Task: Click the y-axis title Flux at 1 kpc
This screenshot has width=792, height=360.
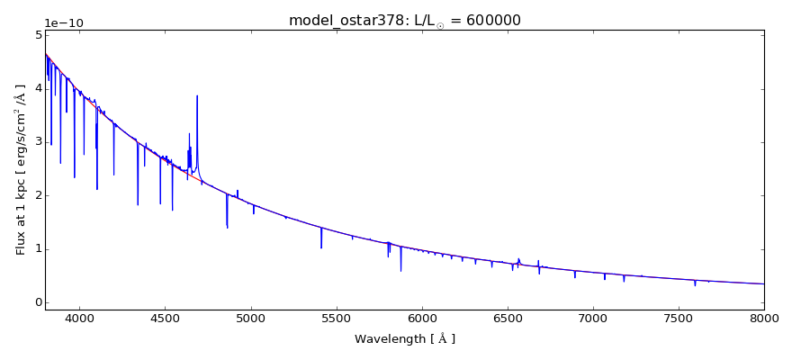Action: pyautogui.click(x=21, y=169)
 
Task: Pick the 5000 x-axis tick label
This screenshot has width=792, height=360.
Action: pyautogui.click(x=250, y=319)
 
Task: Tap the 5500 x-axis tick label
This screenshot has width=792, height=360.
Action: pyautogui.click(x=336, y=319)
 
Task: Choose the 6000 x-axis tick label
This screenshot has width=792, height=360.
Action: pyautogui.click(x=421, y=319)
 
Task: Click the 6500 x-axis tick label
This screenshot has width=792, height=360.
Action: pyautogui.click(x=507, y=319)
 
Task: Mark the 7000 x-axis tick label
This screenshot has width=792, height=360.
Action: pyautogui.click(x=593, y=319)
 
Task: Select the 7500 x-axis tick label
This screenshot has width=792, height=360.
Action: pyautogui.click(x=679, y=319)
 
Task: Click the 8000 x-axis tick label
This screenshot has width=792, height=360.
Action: pyautogui.click(x=763, y=319)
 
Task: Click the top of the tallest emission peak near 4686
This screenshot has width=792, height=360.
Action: pyautogui.click(x=197, y=96)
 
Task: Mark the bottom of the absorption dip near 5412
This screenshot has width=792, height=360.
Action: pyautogui.click(x=321, y=247)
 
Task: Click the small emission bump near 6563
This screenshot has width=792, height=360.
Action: pyautogui.click(x=518, y=259)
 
